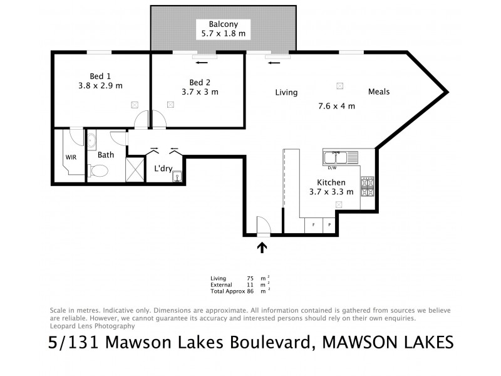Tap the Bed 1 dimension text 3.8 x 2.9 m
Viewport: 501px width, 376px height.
(100, 86)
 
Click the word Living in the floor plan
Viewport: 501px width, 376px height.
(286, 93)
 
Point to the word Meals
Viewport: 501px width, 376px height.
(379, 91)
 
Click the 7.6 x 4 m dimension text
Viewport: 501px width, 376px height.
(337, 106)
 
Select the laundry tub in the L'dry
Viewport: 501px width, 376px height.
(177, 176)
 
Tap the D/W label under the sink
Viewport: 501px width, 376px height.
(332, 167)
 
